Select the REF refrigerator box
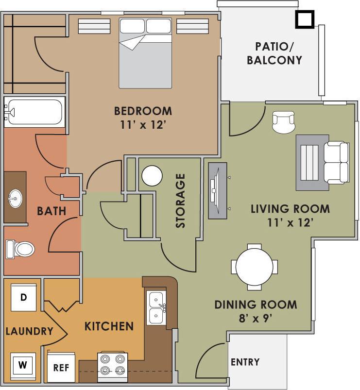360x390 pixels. pos(62,367)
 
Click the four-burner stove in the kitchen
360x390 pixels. pos(112,367)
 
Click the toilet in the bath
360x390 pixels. pos(20,250)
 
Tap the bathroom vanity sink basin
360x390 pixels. pos(15,197)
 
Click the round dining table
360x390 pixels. pos(255,267)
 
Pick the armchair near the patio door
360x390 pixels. pos(284,121)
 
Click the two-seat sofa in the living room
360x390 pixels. pos(336,162)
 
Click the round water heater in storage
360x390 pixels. pos(152,176)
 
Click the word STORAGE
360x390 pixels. pos(181,201)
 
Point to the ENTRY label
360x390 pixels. pos(245,362)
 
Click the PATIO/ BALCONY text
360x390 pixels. pos(274,53)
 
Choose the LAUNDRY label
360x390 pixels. pos(29,332)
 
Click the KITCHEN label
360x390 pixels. pos(109,326)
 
